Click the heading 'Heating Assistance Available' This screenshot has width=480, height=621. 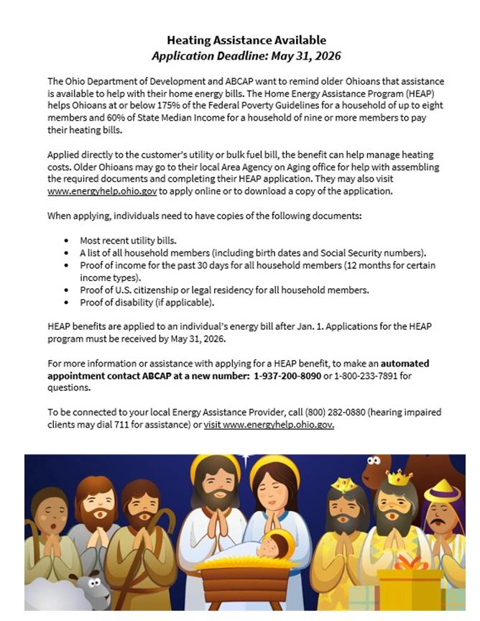click(246, 40)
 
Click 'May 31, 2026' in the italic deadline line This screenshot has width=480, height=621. click(302, 55)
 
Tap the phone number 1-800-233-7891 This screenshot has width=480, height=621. click(369, 376)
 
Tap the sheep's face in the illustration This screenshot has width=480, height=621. click(91, 586)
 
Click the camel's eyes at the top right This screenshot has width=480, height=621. click(373, 461)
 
